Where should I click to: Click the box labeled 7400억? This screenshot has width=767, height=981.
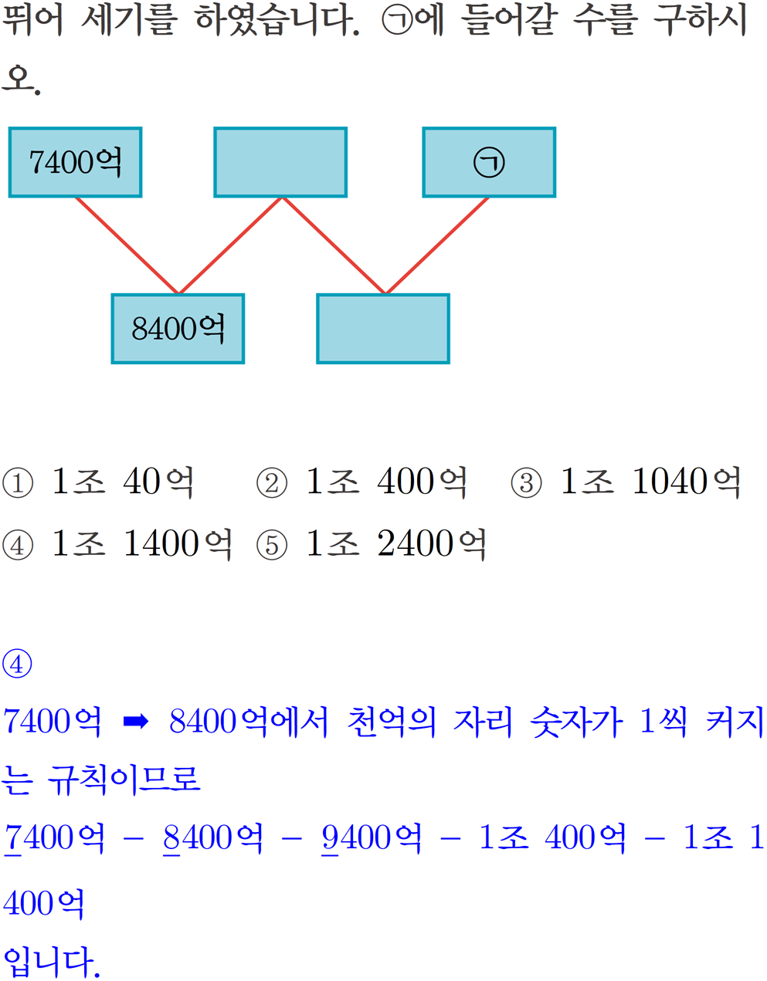click(x=75, y=162)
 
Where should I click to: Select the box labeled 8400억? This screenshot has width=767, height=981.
click(x=178, y=329)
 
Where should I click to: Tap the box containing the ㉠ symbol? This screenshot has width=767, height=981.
click(x=489, y=162)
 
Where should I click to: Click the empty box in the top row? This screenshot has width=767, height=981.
click(x=280, y=162)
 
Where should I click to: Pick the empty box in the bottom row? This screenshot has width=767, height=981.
click(x=383, y=329)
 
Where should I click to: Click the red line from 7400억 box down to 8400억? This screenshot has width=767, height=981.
click(x=127, y=245)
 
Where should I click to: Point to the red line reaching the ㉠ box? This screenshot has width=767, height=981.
click(x=438, y=245)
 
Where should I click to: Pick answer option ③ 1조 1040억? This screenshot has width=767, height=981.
click(x=626, y=482)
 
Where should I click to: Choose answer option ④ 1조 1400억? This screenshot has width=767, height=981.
click(x=117, y=544)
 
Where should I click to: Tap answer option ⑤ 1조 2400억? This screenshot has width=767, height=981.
click(x=372, y=544)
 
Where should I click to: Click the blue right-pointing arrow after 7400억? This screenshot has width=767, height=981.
click(x=136, y=722)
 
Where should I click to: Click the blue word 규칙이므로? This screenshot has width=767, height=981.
click(x=124, y=780)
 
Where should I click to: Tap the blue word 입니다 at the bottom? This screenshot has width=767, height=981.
click(x=51, y=961)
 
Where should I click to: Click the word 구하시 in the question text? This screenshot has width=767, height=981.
click(x=700, y=19)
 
